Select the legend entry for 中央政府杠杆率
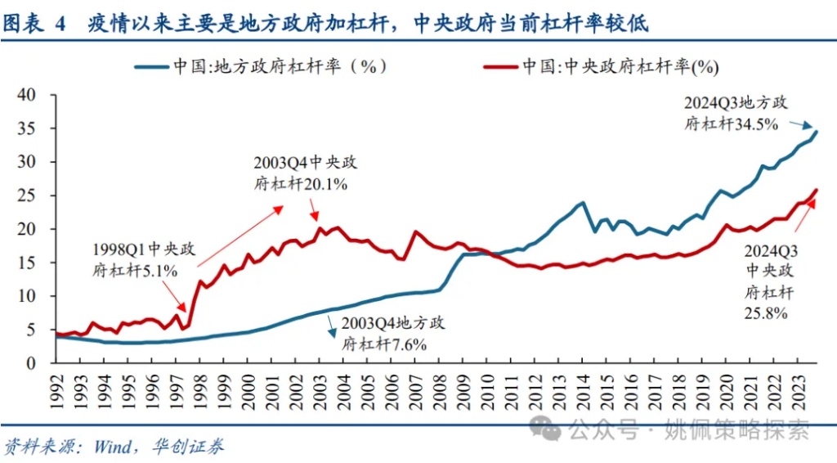tap(620, 66)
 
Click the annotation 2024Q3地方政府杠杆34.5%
tap(736, 115)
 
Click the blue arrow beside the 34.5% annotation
tap(804, 124)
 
